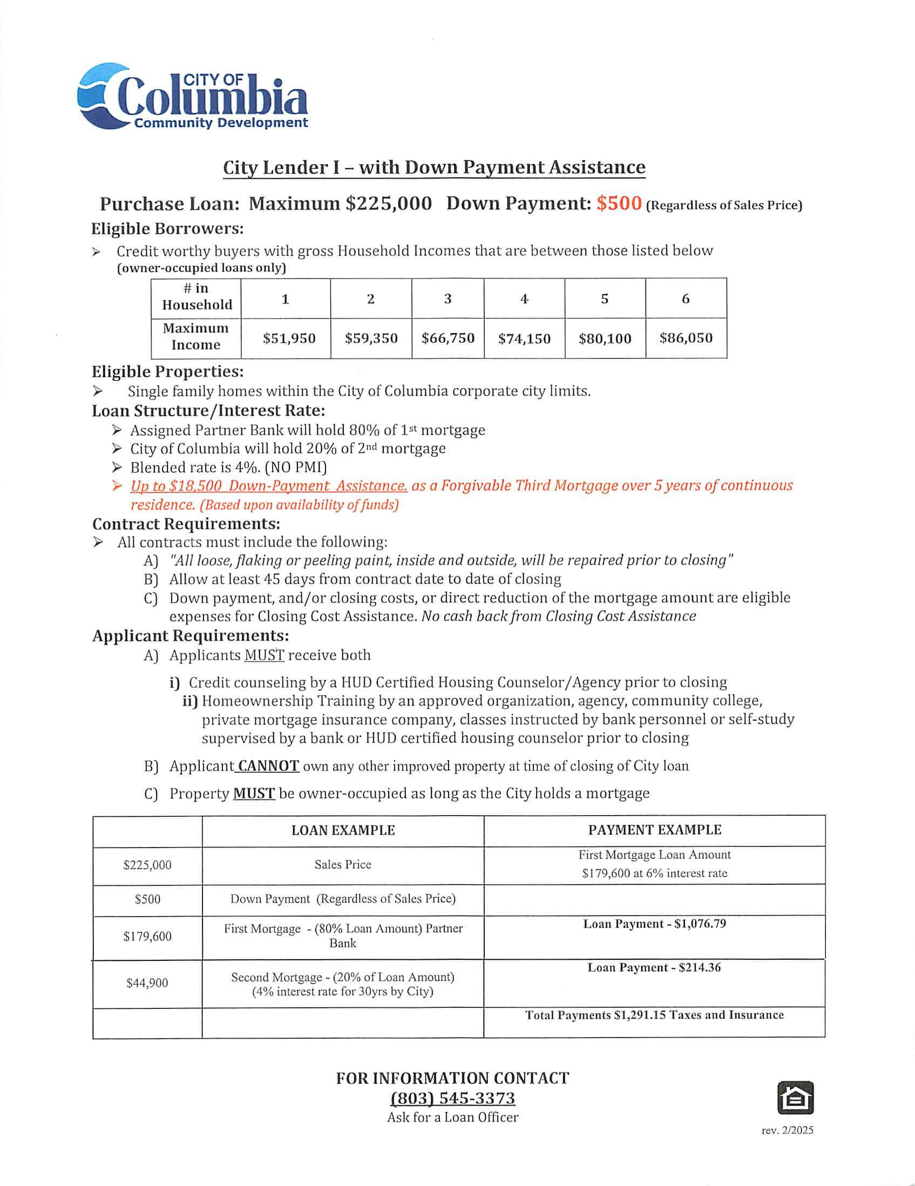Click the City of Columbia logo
[x=193, y=97]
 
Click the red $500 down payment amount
[x=619, y=204]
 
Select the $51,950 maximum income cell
[x=289, y=339]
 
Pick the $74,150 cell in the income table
[x=524, y=339]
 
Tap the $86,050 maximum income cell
[x=686, y=338]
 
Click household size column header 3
[x=448, y=299]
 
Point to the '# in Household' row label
[x=196, y=296]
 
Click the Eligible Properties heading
[x=167, y=372]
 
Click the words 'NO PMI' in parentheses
[x=296, y=467]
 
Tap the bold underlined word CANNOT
[x=268, y=766]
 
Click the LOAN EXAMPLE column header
[x=343, y=830]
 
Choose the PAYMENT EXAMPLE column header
[x=654, y=830]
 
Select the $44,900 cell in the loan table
[x=147, y=983]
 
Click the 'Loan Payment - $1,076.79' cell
[x=654, y=924]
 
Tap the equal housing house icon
[x=796, y=1097]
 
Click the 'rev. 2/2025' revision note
[x=787, y=1130]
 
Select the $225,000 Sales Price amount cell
[x=147, y=865]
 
